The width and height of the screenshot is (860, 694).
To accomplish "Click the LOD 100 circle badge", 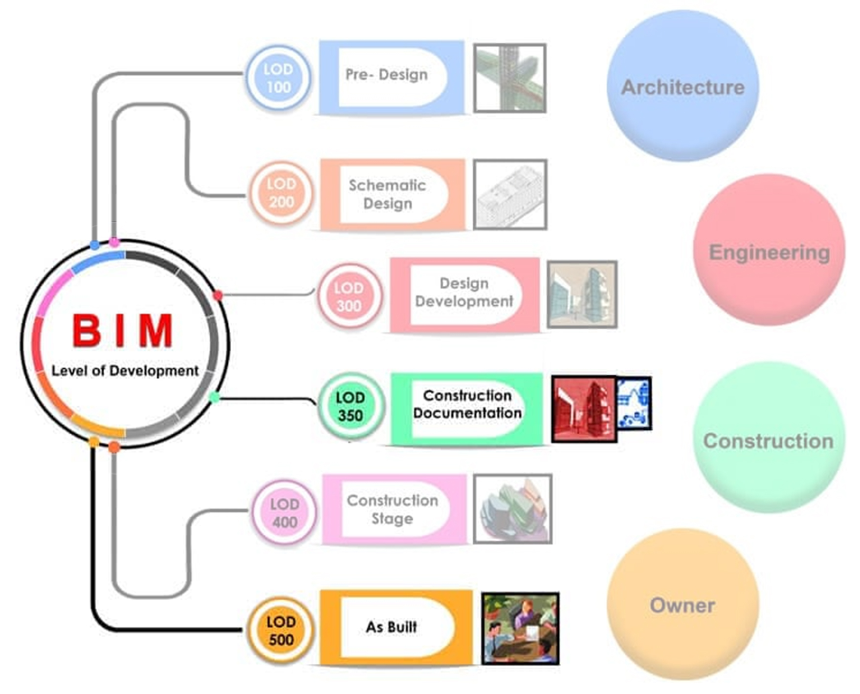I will [278, 78].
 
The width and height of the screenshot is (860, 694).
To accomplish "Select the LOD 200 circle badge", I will [281, 193].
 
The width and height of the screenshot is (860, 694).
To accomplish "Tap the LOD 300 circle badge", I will [349, 296].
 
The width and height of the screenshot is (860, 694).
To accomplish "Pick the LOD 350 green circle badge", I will [351, 406].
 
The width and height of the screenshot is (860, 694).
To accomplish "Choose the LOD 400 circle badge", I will [284, 513].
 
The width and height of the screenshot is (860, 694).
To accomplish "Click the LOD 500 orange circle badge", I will [281, 631].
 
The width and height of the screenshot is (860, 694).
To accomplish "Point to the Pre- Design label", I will [387, 75].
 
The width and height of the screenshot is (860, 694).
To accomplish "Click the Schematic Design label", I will [387, 194].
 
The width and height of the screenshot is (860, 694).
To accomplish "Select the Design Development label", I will [464, 293].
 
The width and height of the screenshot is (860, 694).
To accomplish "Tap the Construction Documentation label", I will [467, 404].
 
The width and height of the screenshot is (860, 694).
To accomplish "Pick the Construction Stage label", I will [393, 509].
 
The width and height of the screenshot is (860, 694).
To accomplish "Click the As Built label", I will [391, 627].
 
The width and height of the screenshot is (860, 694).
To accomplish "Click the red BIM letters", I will [123, 331].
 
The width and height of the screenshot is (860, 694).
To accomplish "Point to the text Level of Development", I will [125, 371].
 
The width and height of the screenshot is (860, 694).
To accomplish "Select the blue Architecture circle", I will [683, 86].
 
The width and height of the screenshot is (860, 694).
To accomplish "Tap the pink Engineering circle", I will [769, 251].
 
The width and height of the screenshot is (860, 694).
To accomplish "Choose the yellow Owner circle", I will [683, 605].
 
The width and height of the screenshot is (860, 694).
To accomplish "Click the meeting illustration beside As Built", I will [520, 629].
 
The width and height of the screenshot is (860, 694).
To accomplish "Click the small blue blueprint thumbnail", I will [634, 403].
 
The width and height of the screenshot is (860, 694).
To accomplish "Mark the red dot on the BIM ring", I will [218, 295].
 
